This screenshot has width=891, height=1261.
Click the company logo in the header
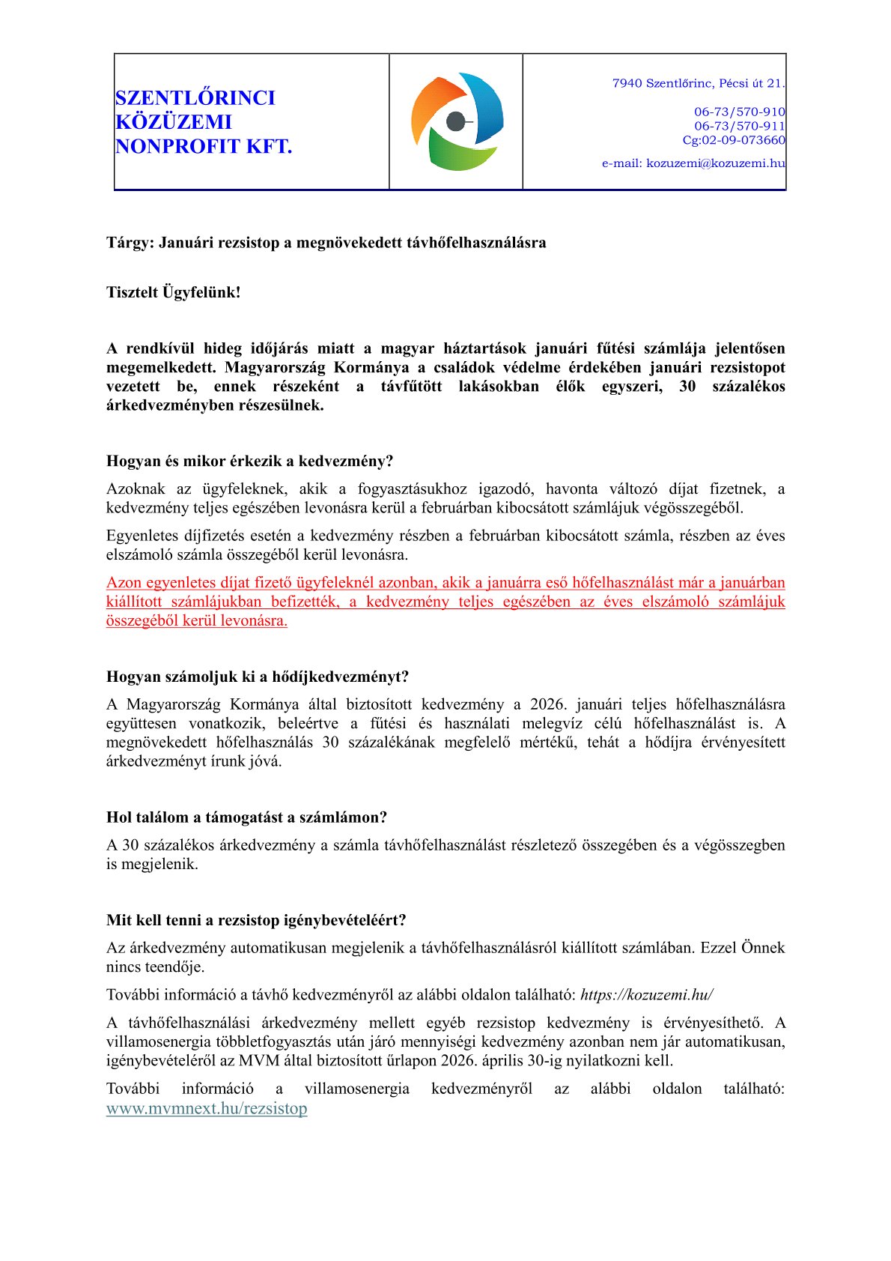point(456,121)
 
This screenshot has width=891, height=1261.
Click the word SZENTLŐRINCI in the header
point(195,98)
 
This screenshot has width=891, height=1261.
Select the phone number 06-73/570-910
point(739,112)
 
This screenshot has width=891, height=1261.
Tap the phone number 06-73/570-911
point(739,126)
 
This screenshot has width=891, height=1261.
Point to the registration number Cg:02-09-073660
point(733,140)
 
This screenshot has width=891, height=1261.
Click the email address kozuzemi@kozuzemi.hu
point(715,163)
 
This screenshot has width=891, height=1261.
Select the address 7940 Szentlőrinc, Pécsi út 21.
point(698,83)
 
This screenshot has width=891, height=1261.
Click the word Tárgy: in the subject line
point(130,243)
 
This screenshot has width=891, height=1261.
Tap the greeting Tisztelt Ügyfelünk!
point(173,293)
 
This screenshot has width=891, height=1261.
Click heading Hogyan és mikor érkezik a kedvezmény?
point(249,461)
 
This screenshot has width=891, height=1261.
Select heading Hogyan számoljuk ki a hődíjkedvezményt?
point(258,677)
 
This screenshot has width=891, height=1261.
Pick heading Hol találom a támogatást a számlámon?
point(246,817)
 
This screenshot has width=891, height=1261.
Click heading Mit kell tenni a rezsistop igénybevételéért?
point(256,920)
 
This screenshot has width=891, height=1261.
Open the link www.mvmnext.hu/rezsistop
point(207,1109)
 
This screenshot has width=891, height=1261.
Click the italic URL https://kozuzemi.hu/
point(646,995)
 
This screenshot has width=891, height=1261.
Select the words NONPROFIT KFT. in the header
point(203,146)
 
